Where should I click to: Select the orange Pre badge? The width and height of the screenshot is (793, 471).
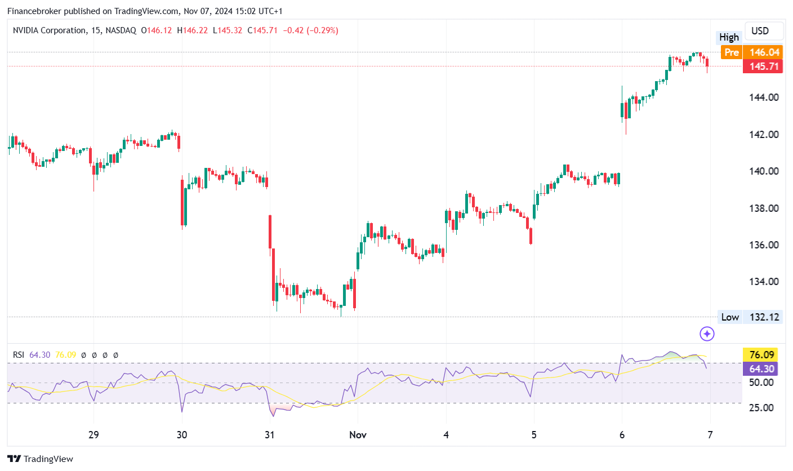[731, 52]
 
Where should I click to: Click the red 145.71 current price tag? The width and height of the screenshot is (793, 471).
[763, 66]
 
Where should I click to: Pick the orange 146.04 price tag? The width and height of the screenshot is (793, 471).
[763, 52]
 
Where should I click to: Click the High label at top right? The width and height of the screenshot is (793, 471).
[729, 37]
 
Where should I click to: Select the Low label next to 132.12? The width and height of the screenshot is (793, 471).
[730, 317]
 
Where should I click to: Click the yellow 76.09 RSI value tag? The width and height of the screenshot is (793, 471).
[763, 355]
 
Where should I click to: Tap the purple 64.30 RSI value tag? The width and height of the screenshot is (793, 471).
[763, 369]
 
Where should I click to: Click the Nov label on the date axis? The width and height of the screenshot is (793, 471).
[357, 435]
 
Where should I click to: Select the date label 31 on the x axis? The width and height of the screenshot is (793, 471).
[270, 435]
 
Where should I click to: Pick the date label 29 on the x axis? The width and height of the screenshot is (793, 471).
[93, 435]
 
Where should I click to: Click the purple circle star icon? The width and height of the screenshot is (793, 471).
[707, 334]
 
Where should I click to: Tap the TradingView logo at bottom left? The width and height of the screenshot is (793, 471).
[40, 459]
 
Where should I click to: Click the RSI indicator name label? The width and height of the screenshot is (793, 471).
[19, 355]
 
